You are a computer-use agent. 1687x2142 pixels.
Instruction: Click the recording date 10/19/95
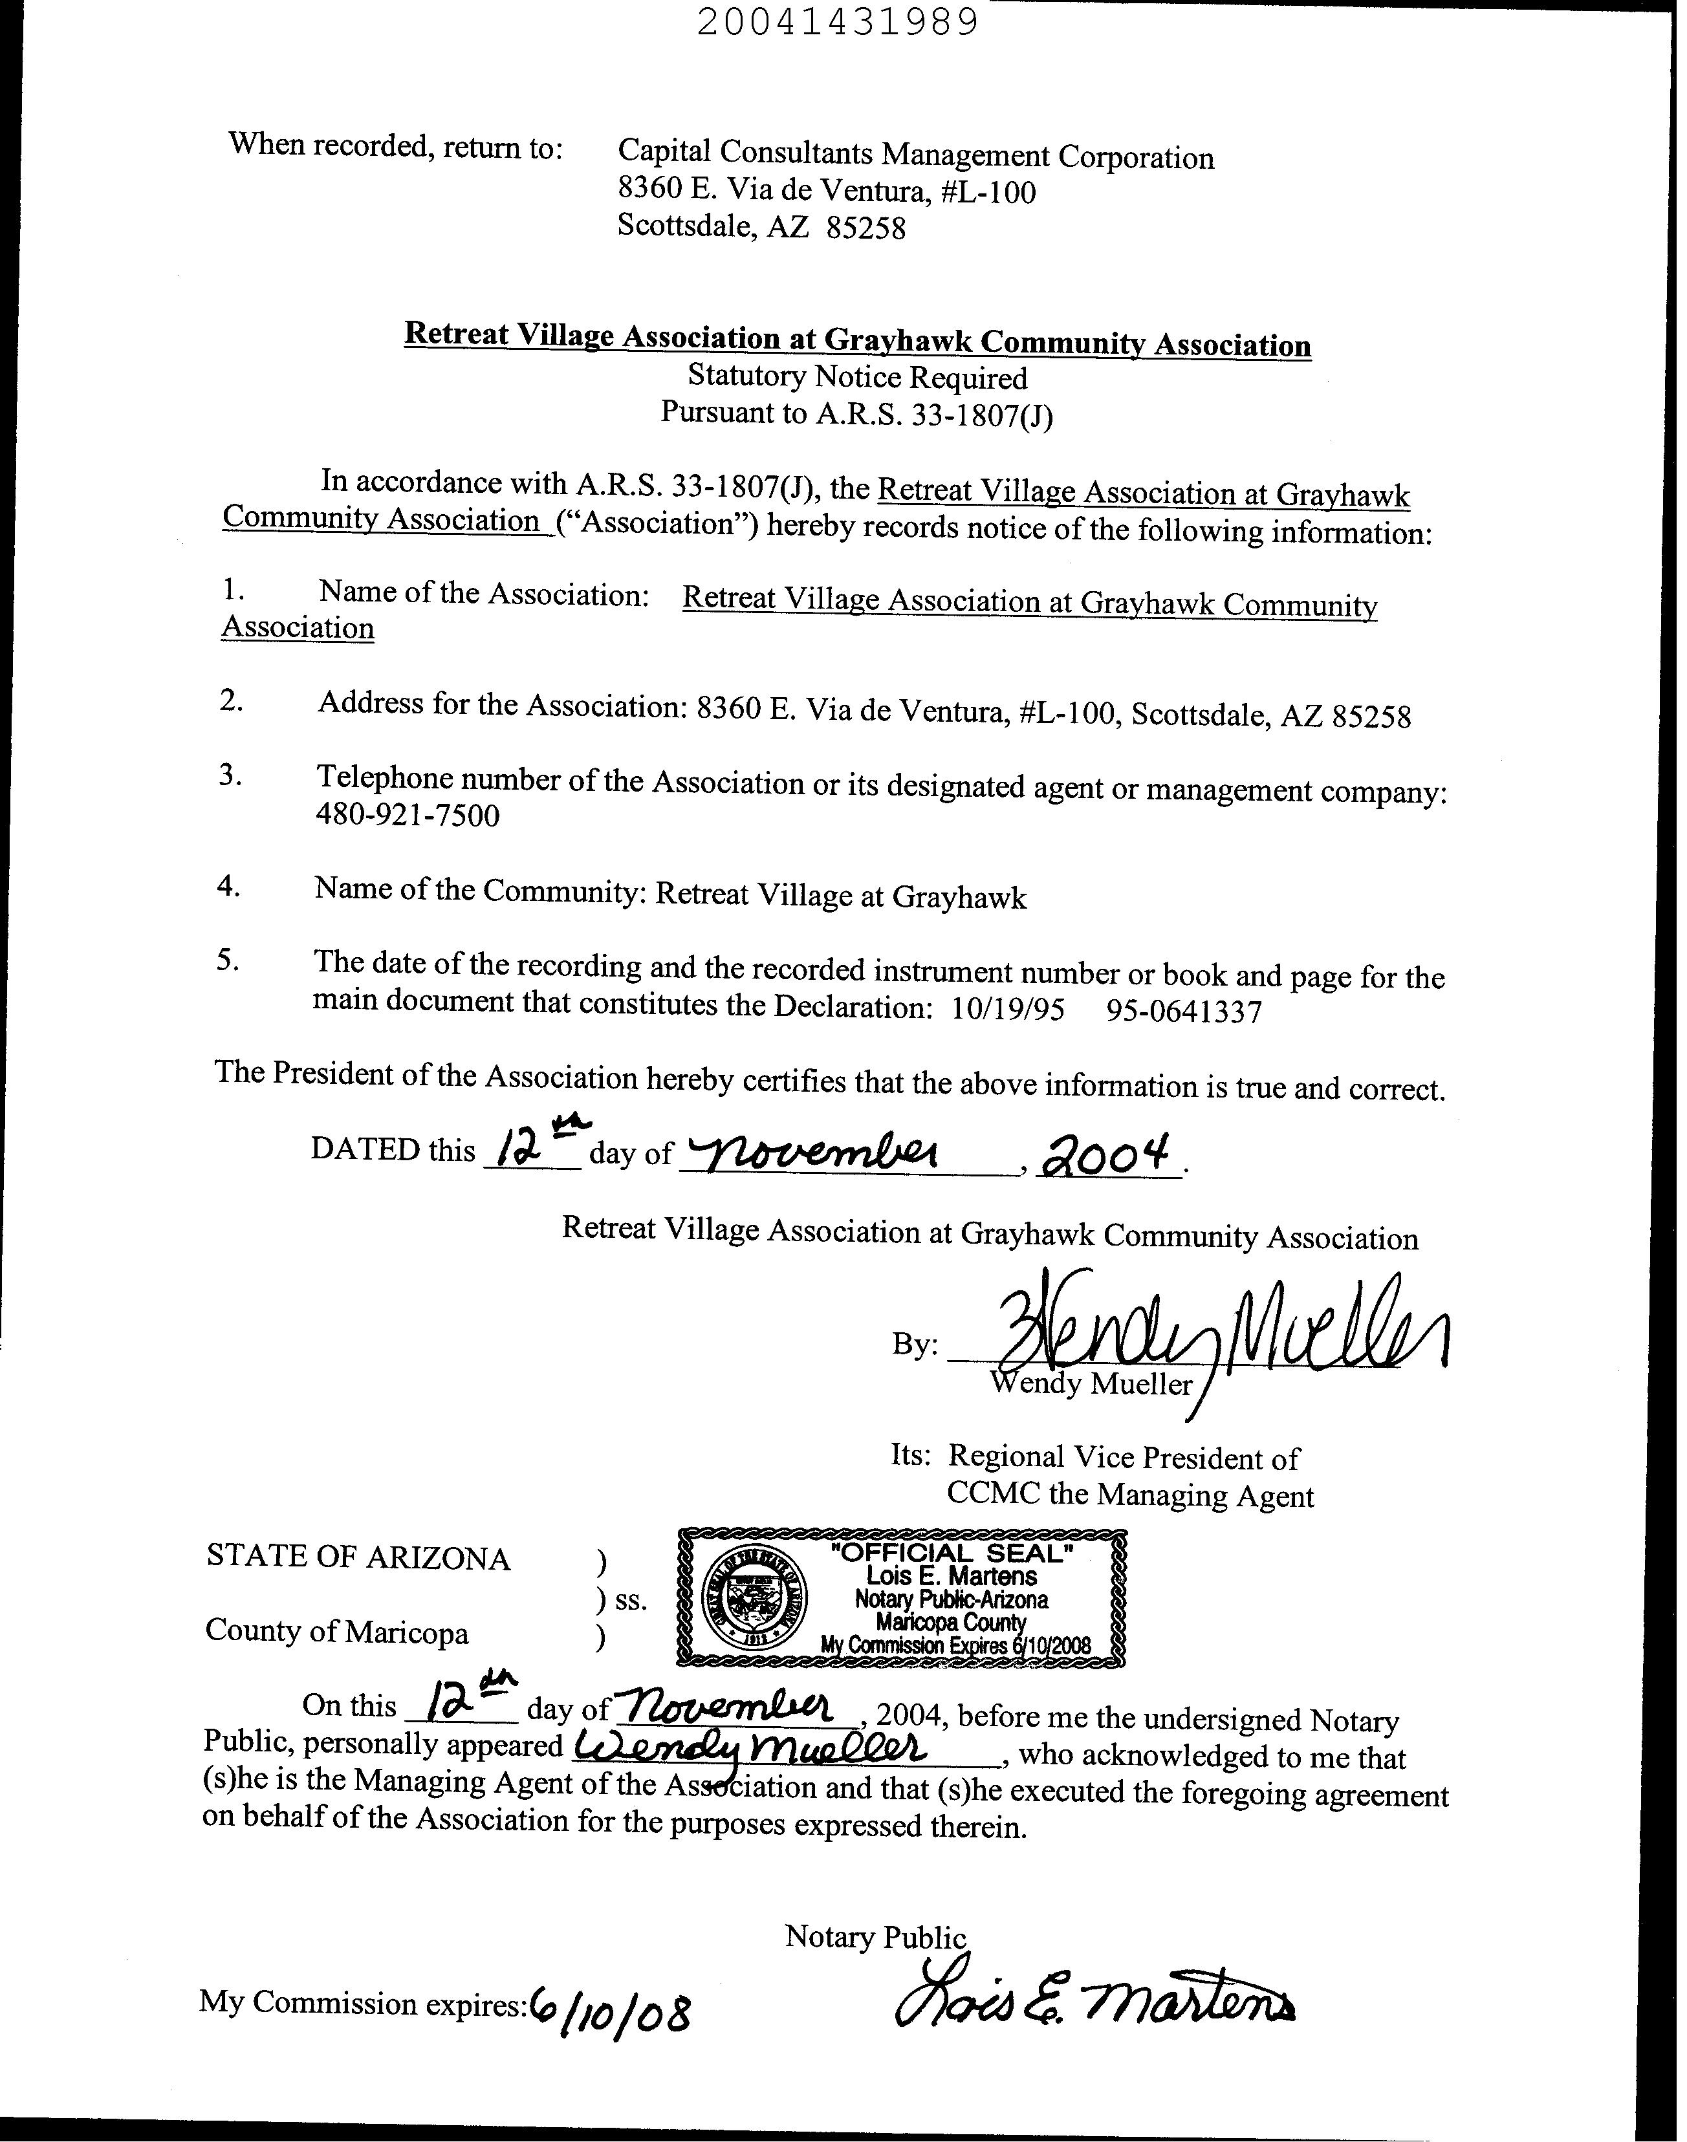coord(1007,1010)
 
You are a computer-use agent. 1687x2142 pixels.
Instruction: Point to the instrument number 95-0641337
coord(1184,1011)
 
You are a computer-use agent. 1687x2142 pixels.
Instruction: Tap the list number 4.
coord(228,886)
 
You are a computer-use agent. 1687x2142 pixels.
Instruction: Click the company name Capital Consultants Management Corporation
coord(915,156)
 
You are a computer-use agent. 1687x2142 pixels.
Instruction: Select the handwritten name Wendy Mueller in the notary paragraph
coord(750,1749)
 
